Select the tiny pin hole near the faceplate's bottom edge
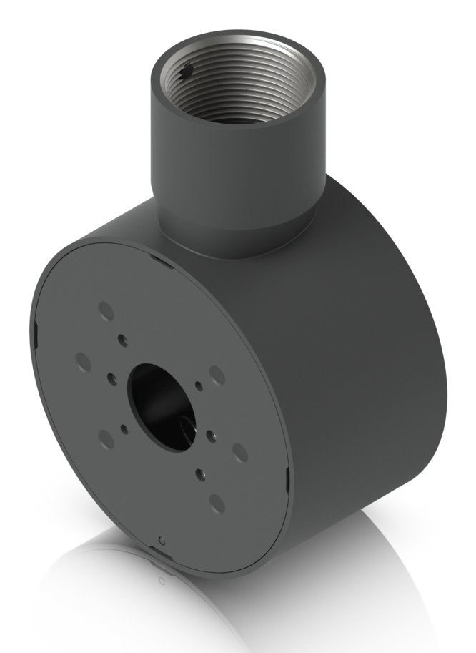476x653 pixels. [x=162, y=540]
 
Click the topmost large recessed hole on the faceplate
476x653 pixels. [x=106, y=311]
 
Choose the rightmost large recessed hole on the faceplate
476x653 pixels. [x=239, y=452]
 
